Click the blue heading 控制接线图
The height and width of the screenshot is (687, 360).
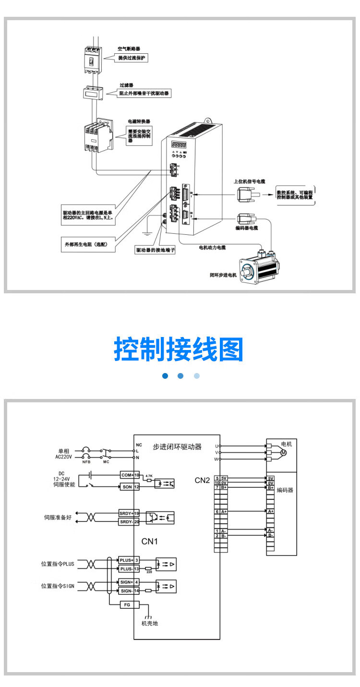[179, 350]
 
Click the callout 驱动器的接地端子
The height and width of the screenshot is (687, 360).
[155, 250]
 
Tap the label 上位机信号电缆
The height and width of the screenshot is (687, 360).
[250, 181]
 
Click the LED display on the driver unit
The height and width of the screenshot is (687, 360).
[179, 144]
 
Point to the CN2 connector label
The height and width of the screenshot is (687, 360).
[202, 480]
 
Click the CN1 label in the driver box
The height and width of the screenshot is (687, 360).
[150, 541]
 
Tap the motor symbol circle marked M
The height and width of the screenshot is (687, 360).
[283, 453]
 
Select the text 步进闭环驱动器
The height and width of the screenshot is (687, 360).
[177, 446]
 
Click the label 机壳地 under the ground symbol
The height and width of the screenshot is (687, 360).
[149, 623]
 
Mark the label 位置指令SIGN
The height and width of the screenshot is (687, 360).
[58, 586]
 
